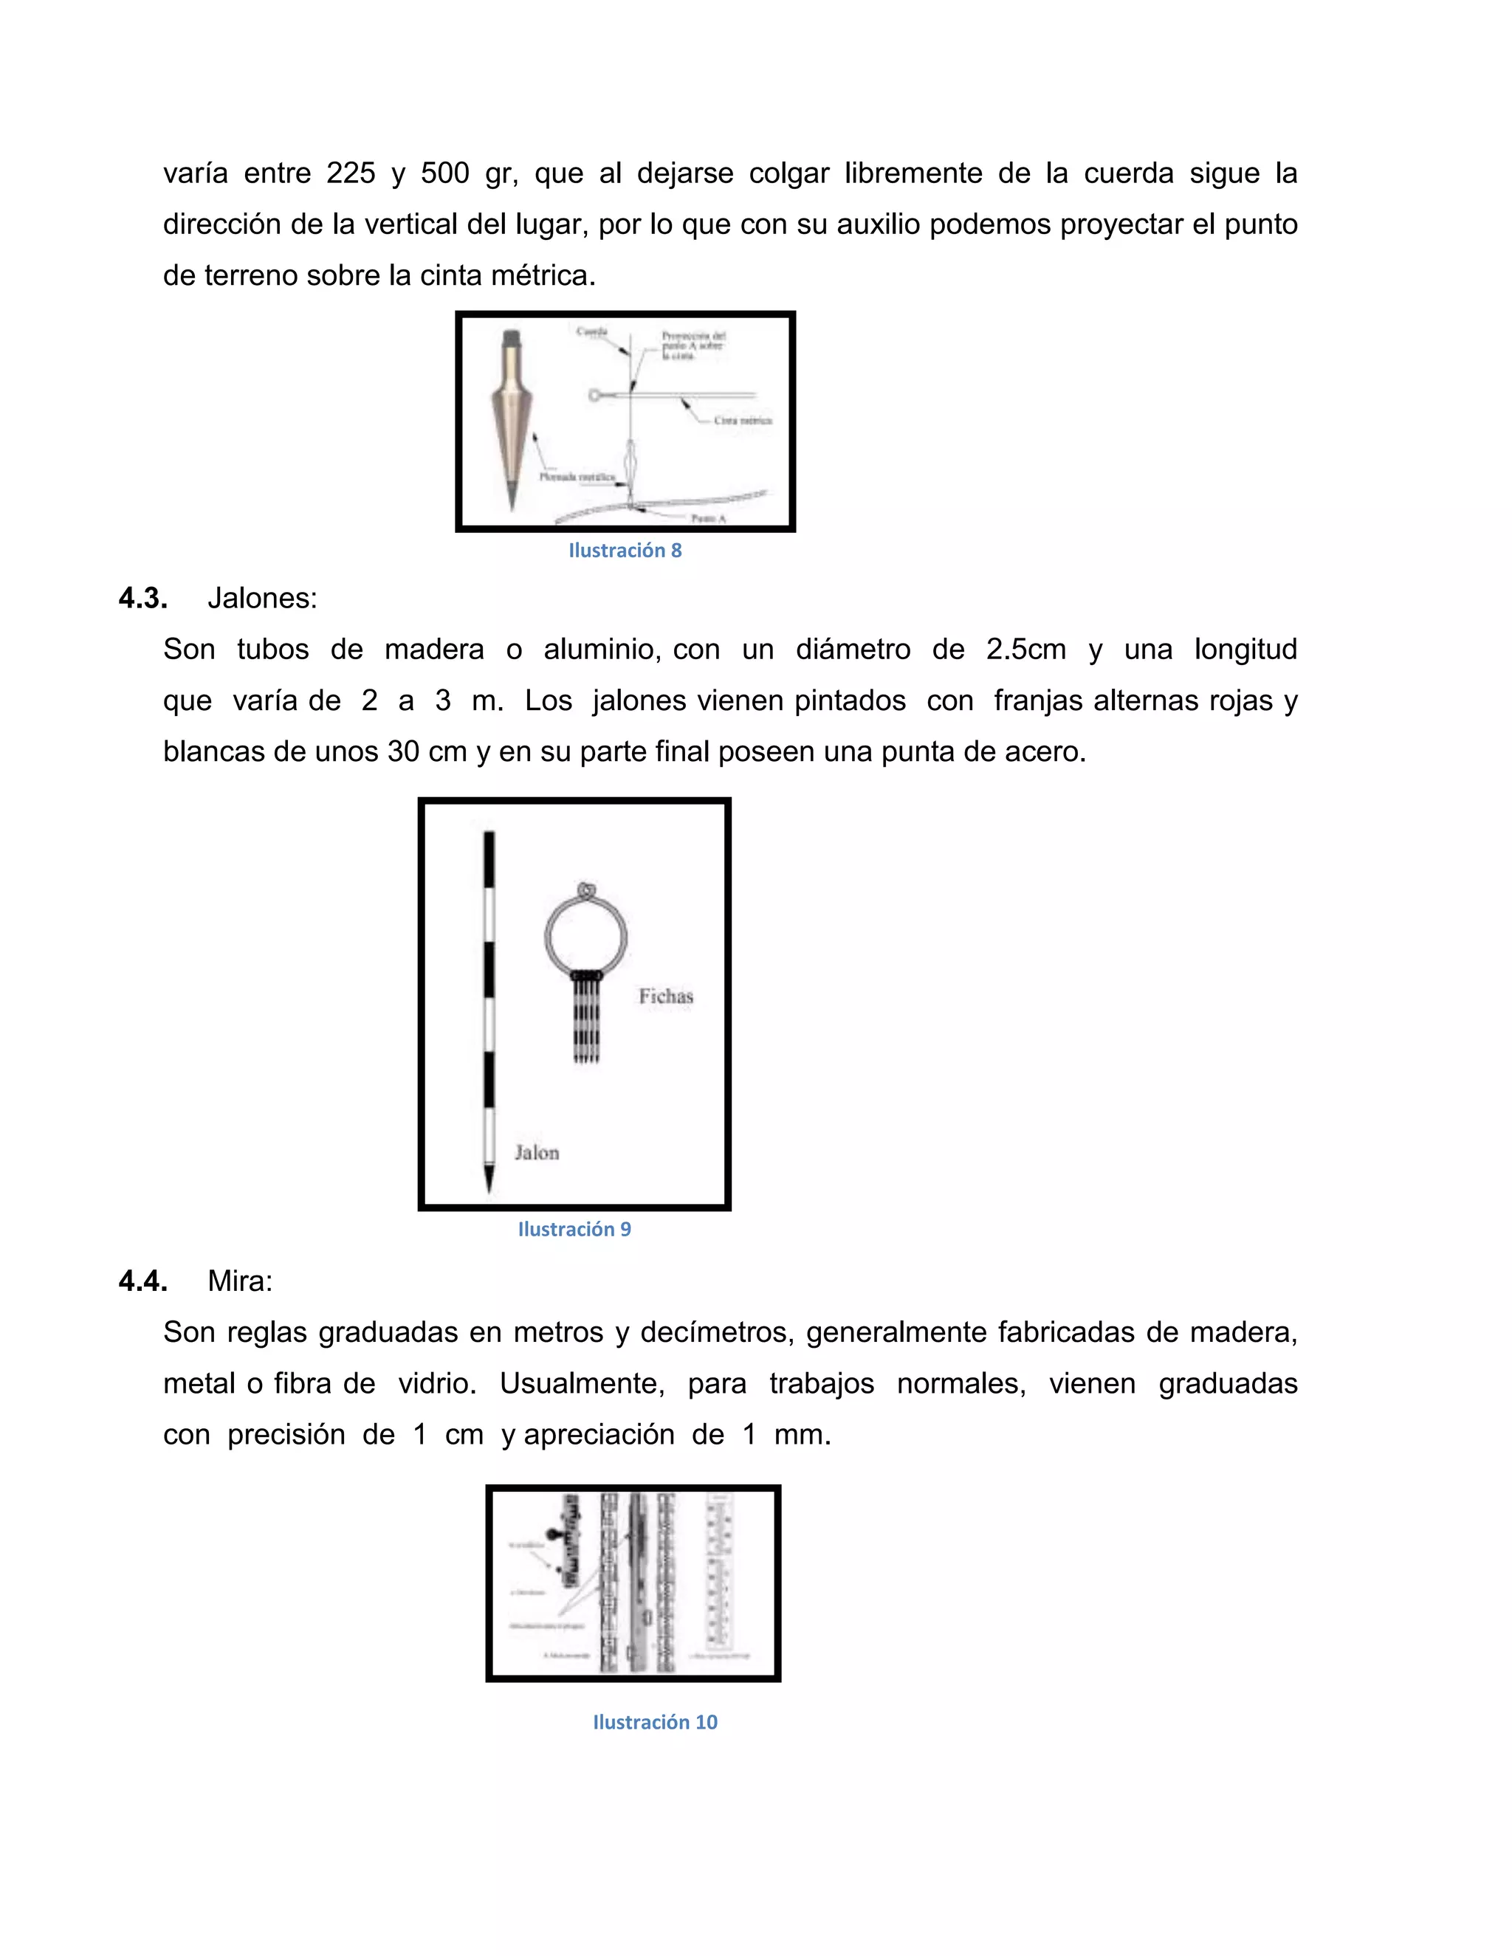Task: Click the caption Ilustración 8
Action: coord(625,551)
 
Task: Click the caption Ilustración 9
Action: coord(574,1230)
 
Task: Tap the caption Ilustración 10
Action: coord(655,1722)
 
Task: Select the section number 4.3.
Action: coord(142,599)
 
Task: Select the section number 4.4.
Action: coord(142,1281)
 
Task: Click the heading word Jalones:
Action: coord(261,599)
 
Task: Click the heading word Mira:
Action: coord(239,1281)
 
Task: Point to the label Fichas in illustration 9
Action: coord(665,996)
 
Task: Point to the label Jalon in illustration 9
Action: coord(537,1153)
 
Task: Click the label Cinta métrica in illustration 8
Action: coord(743,420)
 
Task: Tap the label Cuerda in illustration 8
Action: coord(592,331)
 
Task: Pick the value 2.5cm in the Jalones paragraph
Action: coord(1025,650)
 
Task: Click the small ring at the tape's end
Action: coord(594,395)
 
